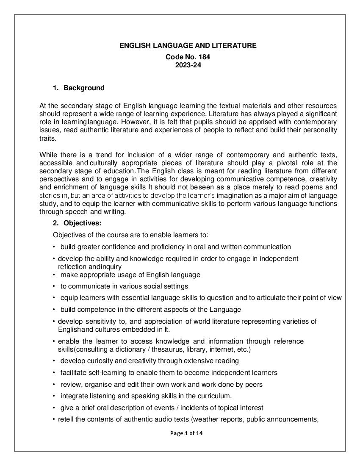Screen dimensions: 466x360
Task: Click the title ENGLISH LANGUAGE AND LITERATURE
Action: tap(188, 45)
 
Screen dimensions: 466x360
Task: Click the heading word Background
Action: tap(84, 88)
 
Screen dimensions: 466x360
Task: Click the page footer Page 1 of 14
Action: tap(187, 433)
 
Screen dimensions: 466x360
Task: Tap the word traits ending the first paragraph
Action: tap(47, 138)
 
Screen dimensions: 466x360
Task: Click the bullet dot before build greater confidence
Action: tap(54, 247)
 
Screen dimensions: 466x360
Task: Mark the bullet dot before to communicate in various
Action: tap(54, 286)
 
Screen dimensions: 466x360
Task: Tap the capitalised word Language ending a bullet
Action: tap(226, 309)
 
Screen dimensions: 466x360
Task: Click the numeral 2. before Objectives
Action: tap(56, 223)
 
